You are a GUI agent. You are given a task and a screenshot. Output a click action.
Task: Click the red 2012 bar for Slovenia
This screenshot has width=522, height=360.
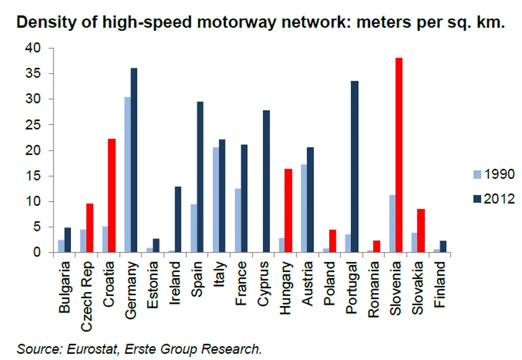pyautogui.click(x=399, y=155)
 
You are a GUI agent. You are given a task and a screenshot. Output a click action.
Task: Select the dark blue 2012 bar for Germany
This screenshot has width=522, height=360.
pyautogui.click(x=134, y=160)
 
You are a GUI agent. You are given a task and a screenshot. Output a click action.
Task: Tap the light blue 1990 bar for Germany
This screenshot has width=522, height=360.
pyautogui.click(x=127, y=175)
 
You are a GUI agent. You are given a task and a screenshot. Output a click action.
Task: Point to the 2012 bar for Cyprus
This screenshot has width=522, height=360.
pyautogui.click(x=266, y=182)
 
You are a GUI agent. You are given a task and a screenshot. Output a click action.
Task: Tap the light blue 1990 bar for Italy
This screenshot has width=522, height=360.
pyautogui.click(x=215, y=200)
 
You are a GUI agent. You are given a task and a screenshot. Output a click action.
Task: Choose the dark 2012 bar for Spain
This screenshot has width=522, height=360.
pyautogui.click(x=200, y=177)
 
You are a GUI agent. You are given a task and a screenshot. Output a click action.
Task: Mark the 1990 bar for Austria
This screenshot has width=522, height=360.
pyautogui.click(x=304, y=209)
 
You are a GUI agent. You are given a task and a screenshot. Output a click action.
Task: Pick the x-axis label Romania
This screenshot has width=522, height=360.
pyautogui.click(x=374, y=286)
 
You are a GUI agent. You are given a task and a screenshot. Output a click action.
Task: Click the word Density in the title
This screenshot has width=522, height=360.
pyautogui.click(x=43, y=24)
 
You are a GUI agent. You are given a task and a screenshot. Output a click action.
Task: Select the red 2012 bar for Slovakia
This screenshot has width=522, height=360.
pyautogui.click(x=421, y=231)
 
